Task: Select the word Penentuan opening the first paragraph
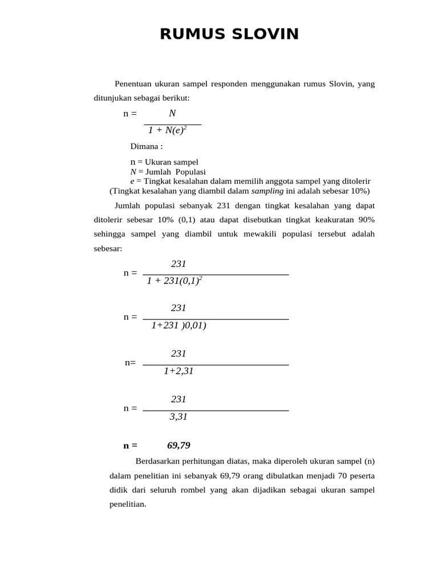pos(135,84)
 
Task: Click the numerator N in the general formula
pos(172,114)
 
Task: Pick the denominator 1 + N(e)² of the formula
pos(168,131)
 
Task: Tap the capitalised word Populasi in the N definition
pos(190,171)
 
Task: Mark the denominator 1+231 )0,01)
pos(179,326)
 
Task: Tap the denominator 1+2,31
pos(179,371)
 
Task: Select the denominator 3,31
pos(179,417)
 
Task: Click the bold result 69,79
pos(179,446)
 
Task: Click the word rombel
pos(212,490)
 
